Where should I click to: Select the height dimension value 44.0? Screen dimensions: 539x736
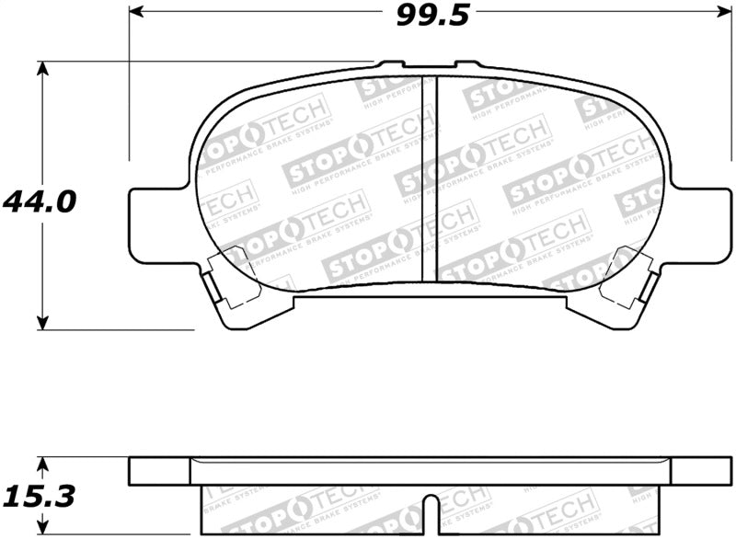pos(39,201)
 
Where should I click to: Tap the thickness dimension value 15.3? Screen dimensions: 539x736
pos(39,497)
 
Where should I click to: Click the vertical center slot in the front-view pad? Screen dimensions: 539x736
pos(428,178)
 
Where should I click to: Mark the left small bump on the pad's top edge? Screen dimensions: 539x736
pos(391,64)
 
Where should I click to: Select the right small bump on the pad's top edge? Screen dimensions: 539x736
pos(467,64)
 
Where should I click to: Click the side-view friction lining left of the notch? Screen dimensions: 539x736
pos(313,510)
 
